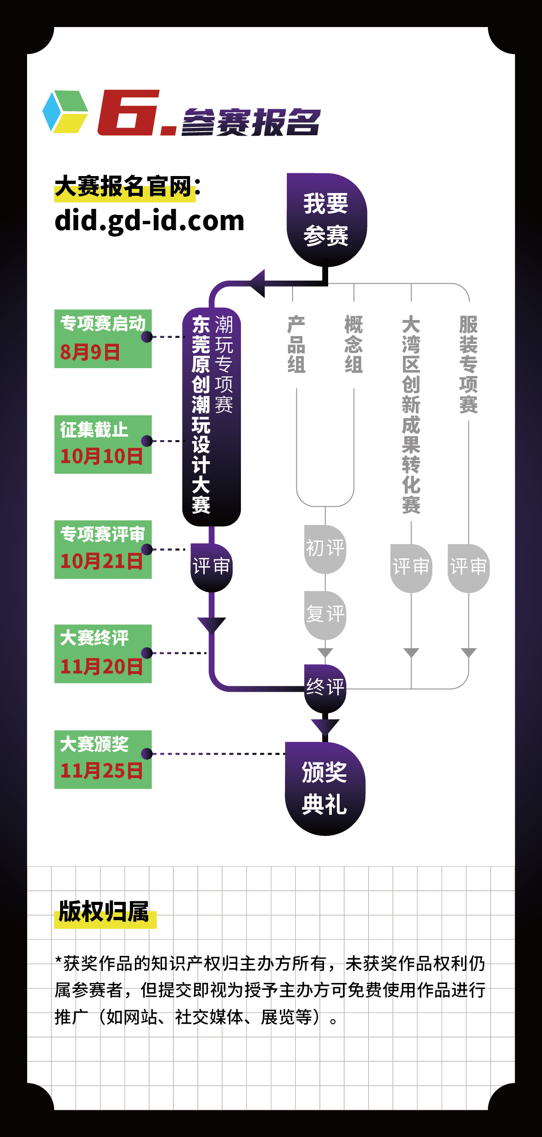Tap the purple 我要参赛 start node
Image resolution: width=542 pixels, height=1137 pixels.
tap(326, 220)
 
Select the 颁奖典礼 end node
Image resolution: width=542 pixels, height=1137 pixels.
tap(325, 789)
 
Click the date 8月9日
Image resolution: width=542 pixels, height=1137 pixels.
tap(90, 352)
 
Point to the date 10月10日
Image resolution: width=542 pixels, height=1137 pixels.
tap(101, 456)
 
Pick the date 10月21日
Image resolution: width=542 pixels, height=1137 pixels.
tap(101, 561)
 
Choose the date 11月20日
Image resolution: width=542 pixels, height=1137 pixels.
tap(101, 666)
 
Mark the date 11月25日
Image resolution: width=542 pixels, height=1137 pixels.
tap(101, 771)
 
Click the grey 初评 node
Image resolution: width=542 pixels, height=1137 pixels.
tap(325, 549)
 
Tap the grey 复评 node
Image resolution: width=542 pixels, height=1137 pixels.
tap(325, 615)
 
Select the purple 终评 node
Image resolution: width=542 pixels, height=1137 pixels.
tap(325, 688)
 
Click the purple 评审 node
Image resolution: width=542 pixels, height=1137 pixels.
tap(211, 568)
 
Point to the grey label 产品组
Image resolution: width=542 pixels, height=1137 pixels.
tap(296, 344)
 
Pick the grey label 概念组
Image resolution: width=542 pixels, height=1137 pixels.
tap(354, 344)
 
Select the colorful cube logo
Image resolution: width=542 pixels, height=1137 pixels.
tap(65, 112)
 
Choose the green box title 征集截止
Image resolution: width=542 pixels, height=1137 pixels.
tap(94, 430)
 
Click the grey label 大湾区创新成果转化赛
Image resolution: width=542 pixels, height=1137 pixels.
tap(411, 414)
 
